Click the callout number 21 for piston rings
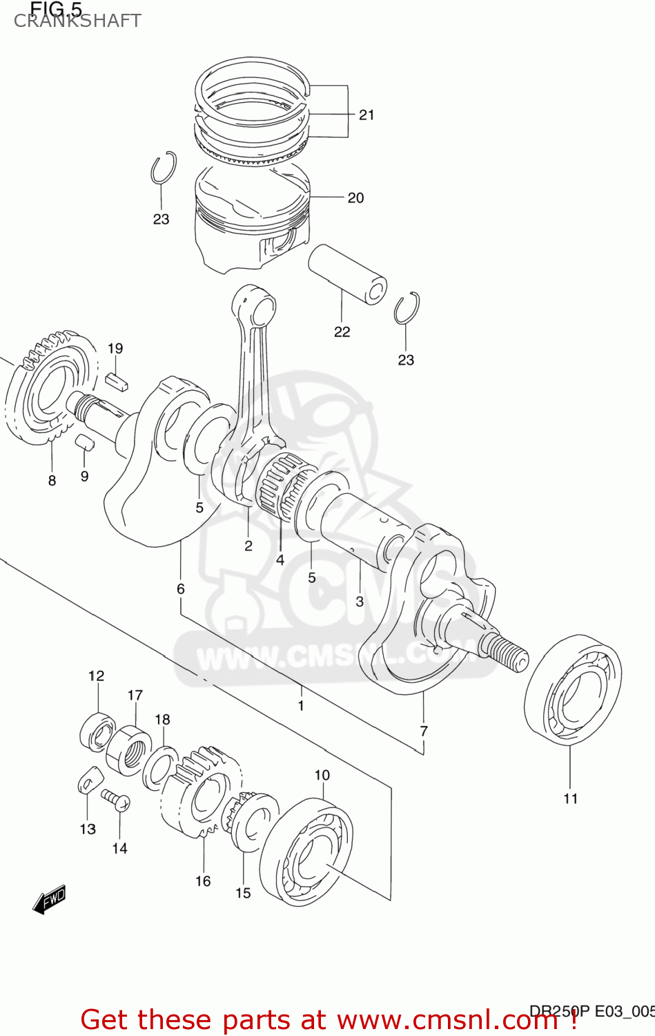click(x=366, y=115)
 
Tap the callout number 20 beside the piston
click(x=355, y=198)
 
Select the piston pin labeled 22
click(x=346, y=274)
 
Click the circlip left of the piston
click(x=163, y=168)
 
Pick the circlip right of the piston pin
click(x=407, y=309)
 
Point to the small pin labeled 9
click(x=84, y=442)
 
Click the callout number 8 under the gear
click(x=52, y=481)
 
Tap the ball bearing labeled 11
click(x=573, y=689)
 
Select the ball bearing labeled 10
click(x=306, y=852)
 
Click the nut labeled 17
click(x=130, y=749)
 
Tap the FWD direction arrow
click(x=49, y=900)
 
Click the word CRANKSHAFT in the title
click(x=77, y=21)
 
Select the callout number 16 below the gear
click(x=203, y=881)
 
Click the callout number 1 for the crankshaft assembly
click(x=301, y=706)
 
